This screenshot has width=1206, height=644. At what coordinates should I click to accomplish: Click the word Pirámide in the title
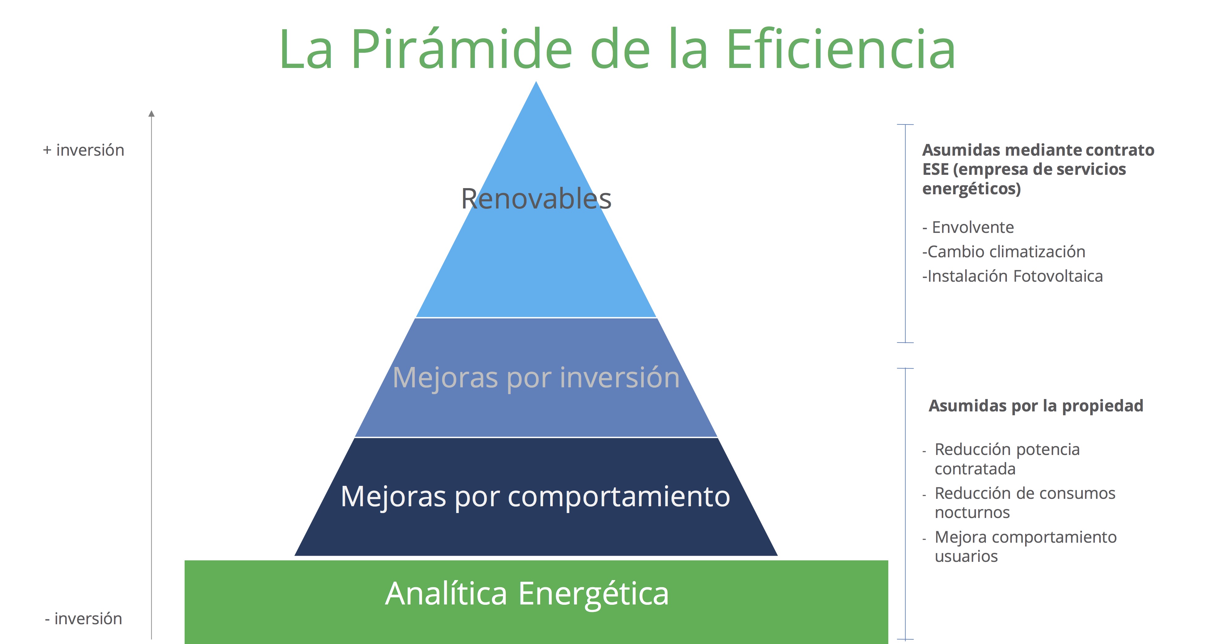462,49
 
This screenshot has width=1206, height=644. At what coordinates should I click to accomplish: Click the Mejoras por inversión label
536,377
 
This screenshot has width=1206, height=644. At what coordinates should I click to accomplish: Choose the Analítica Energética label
527,594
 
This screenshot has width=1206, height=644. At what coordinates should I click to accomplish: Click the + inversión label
83,150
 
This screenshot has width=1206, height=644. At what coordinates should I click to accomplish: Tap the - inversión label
83,619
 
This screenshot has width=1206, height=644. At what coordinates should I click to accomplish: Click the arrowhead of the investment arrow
151,113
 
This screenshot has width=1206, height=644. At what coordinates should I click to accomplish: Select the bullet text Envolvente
973,227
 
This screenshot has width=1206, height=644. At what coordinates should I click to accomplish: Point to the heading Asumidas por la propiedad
1036,406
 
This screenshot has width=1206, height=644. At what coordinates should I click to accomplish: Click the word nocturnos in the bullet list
972,512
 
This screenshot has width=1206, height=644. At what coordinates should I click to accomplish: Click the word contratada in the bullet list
975,469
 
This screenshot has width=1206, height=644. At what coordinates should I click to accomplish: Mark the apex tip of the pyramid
536,82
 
